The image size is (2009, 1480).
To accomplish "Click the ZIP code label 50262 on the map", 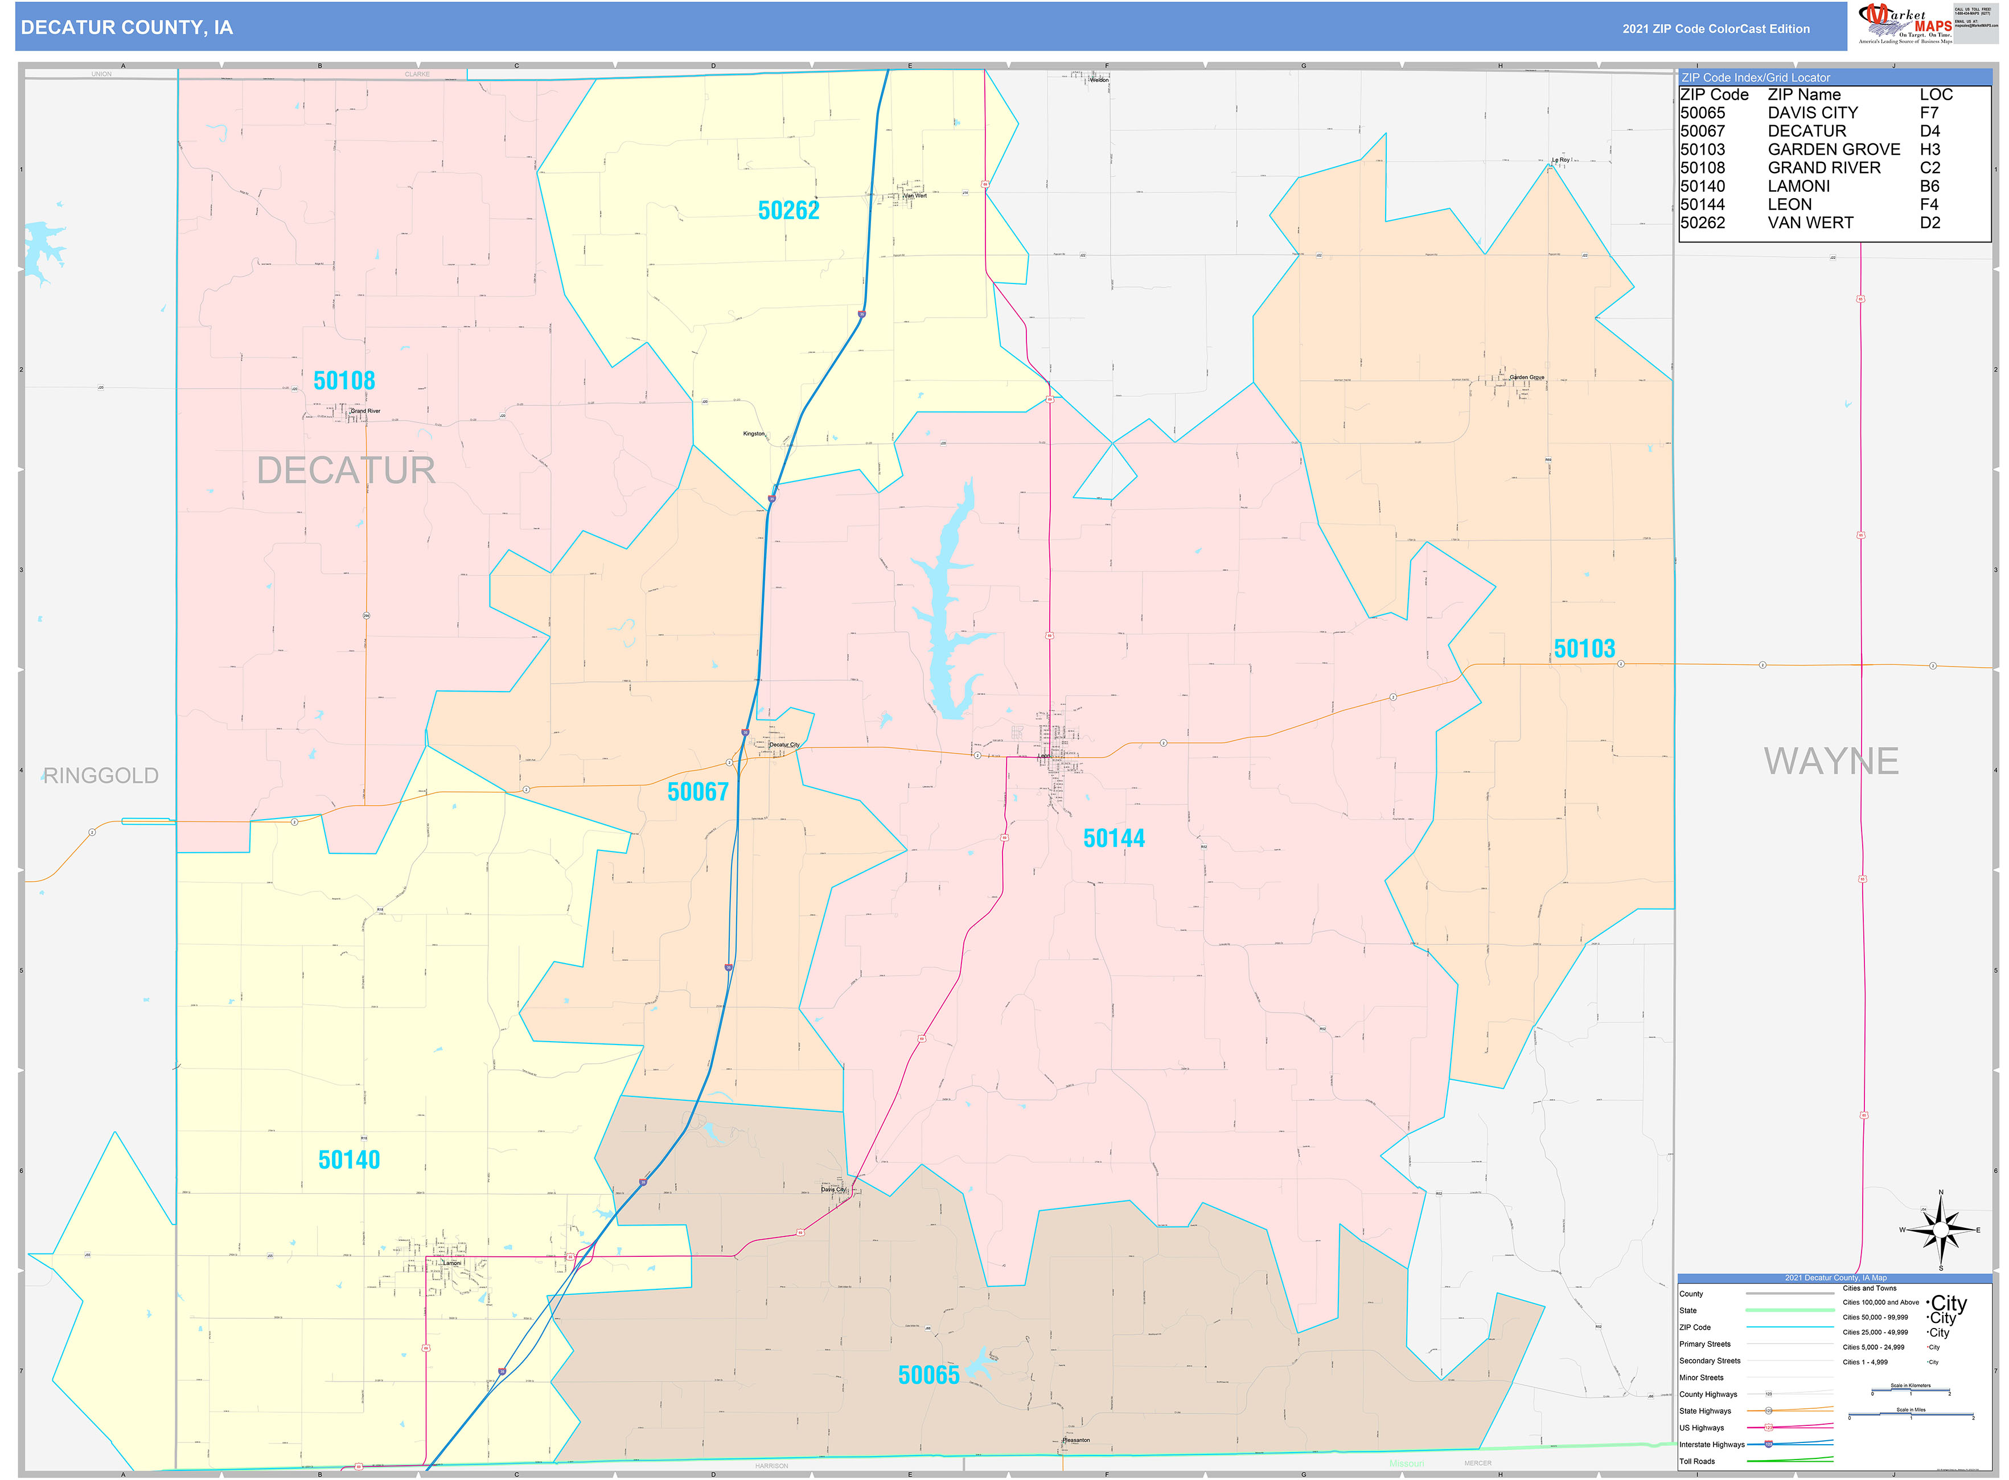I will [x=788, y=211].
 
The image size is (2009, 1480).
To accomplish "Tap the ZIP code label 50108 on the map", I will [x=344, y=381].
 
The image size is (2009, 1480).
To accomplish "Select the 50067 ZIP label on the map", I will [x=697, y=792].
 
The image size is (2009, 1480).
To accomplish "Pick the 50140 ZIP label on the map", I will [x=348, y=1160].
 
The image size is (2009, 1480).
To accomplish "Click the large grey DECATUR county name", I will [x=346, y=470].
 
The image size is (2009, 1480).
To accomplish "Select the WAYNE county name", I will [x=1831, y=762].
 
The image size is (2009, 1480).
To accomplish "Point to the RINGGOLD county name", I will [x=100, y=776].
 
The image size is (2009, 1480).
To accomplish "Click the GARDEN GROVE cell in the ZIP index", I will [x=1833, y=150].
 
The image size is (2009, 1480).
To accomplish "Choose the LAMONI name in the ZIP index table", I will [x=1798, y=186].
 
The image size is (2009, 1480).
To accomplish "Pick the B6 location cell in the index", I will [x=1929, y=186].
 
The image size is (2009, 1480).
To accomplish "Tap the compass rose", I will [x=1940, y=1231].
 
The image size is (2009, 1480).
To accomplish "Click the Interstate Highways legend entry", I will [x=1711, y=1444].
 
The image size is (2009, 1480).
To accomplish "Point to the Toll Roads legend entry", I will [x=1696, y=1461].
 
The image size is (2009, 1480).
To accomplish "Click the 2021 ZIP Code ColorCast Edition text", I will [x=1715, y=28].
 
